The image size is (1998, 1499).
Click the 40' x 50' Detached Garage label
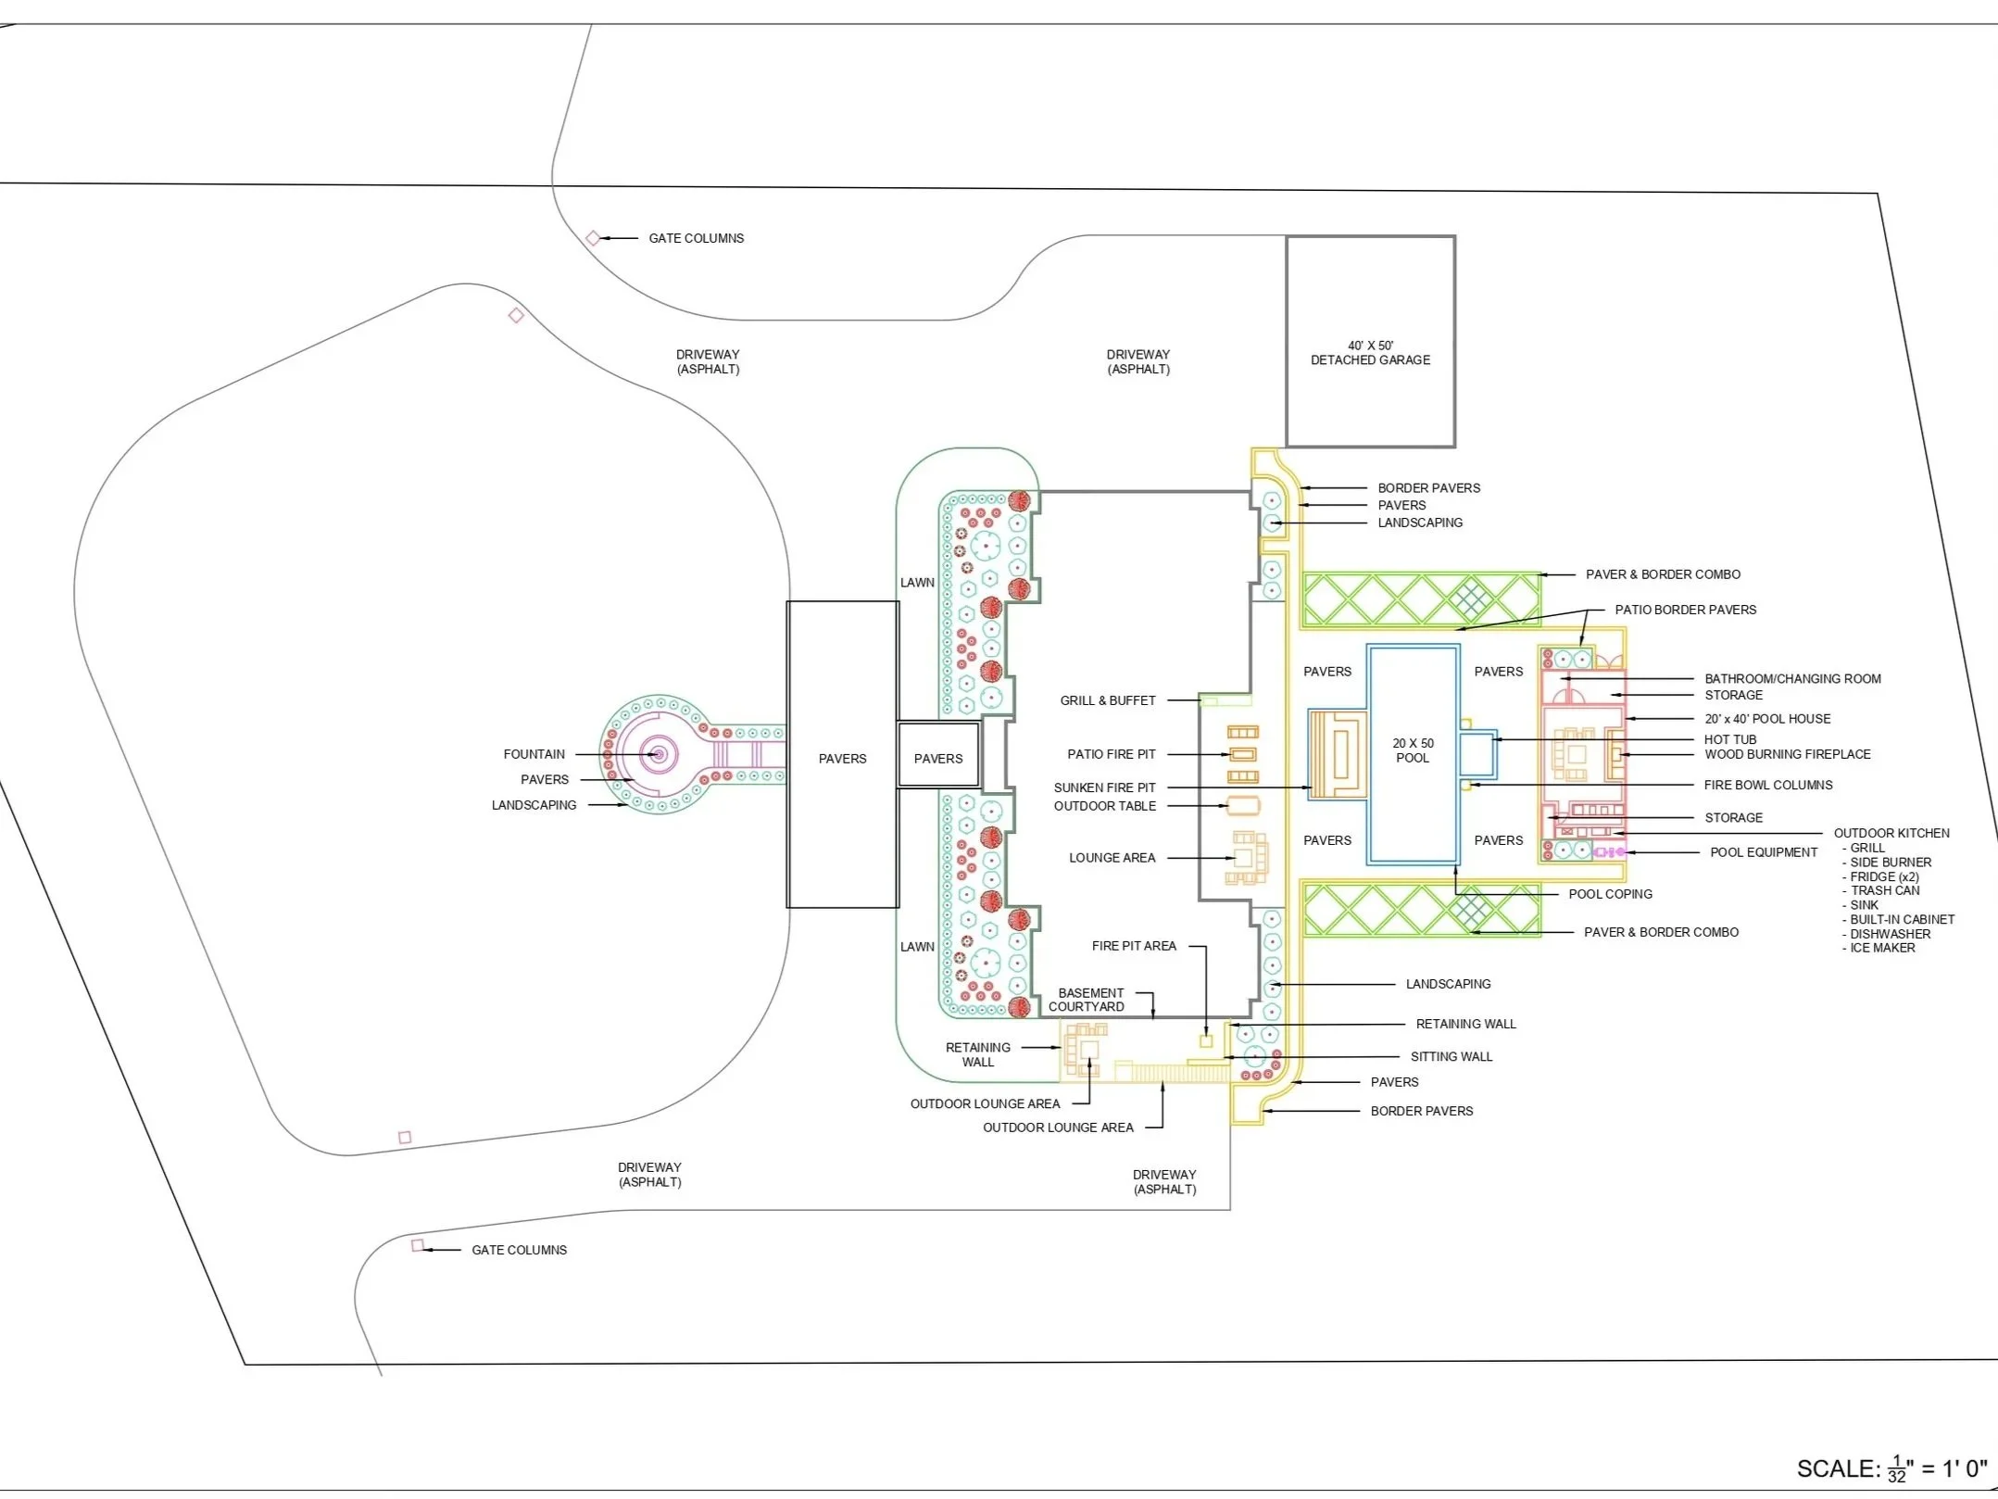point(1370,353)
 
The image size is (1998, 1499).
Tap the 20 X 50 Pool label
point(1413,750)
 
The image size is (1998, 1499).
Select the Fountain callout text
point(534,754)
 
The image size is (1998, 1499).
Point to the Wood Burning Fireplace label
point(1787,754)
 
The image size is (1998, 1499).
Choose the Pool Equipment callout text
point(1763,852)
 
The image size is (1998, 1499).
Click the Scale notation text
point(1891,1468)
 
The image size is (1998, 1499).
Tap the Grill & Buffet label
point(1108,700)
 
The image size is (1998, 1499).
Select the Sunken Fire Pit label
point(1104,787)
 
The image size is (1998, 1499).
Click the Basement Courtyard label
point(1087,1000)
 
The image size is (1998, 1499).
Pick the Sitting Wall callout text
point(1451,1056)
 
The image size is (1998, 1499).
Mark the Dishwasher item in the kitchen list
point(1890,934)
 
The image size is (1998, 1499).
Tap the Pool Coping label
point(1610,894)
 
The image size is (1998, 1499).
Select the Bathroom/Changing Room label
point(1792,679)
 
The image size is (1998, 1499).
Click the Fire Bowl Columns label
point(1767,785)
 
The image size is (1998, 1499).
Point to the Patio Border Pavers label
point(1685,610)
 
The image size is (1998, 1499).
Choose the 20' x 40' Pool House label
point(1767,719)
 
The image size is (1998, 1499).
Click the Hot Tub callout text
point(1729,739)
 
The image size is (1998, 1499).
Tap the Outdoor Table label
point(1104,806)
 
